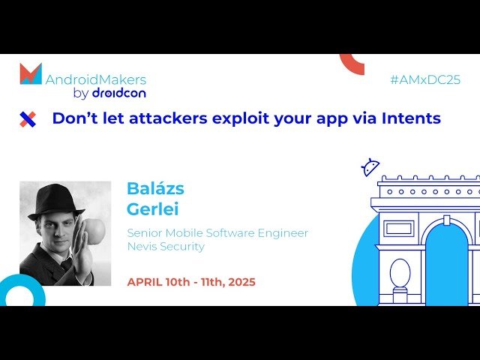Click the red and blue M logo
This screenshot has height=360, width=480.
31,74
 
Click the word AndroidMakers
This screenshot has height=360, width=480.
96,79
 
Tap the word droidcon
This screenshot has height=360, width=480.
118,94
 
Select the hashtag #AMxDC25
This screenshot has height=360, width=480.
425,80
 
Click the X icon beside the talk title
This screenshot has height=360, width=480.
28,118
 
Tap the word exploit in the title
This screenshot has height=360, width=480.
250,118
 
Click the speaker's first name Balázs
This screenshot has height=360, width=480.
155,188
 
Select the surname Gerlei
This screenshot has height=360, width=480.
153,209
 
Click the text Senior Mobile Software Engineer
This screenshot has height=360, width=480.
217,232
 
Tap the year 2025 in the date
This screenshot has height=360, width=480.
238,282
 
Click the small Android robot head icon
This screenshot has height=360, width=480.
370,166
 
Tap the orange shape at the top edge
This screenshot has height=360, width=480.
352,63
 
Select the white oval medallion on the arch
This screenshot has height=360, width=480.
400,274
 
